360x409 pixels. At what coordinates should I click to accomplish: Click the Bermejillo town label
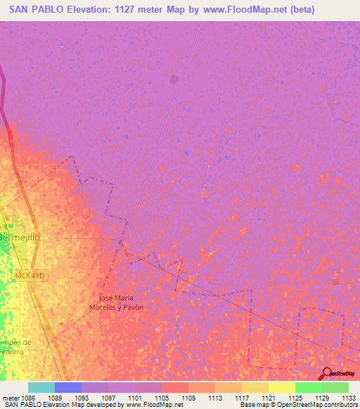pyautogui.click(x=20, y=238)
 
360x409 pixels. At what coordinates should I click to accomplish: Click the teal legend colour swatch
pyautogui.click(x=41, y=387)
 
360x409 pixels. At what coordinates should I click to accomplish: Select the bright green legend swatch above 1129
pyautogui.click(x=308, y=387)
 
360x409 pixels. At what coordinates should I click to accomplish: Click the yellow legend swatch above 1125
pyautogui.click(x=281, y=387)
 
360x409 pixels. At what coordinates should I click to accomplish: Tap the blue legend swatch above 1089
pyautogui.click(x=68, y=387)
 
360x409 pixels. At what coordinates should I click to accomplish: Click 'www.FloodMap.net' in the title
pyautogui.click(x=245, y=10)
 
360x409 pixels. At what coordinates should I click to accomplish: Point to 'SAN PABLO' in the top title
pyautogui.click(x=30, y=10)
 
